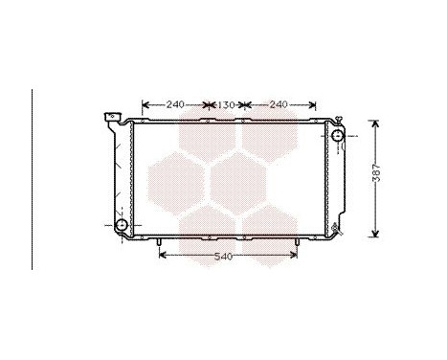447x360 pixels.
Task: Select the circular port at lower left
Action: (x=122, y=226)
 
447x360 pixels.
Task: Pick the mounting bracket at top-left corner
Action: (x=110, y=120)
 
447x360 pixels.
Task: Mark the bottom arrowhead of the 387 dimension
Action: (x=374, y=234)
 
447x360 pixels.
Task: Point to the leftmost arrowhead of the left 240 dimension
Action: (x=145, y=103)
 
